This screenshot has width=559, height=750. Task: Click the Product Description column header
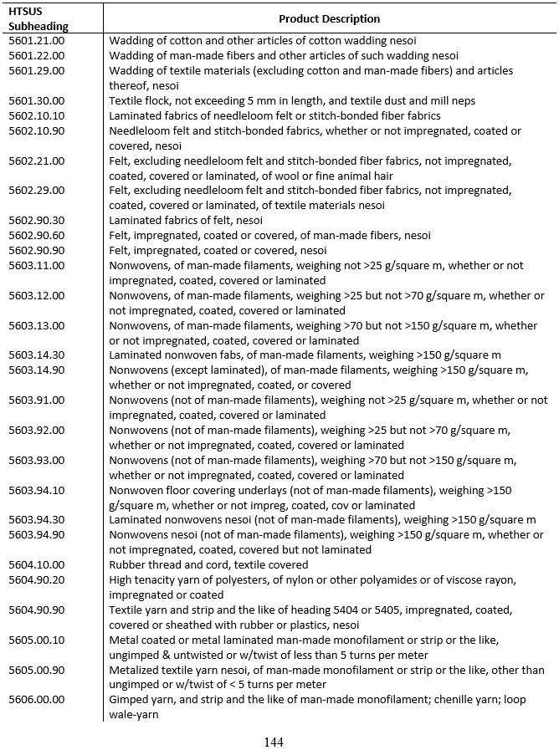coord(329,18)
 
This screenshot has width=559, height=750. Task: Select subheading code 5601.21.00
coord(36,40)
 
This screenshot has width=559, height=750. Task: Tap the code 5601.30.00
coord(36,100)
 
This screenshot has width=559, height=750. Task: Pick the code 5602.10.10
coord(36,115)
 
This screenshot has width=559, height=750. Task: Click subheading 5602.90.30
coord(36,220)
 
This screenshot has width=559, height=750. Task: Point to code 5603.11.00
coord(36,265)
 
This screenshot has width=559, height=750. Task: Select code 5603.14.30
coord(36,355)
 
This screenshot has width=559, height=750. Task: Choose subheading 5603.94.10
coord(36,490)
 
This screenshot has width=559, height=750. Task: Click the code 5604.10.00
coord(36,564)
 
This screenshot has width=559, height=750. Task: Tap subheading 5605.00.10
coord(36,640)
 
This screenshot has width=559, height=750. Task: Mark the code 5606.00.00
coord(36,699)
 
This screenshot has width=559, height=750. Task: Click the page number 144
coord(274,742)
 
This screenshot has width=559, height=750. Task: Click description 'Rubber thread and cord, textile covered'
coord(208,564)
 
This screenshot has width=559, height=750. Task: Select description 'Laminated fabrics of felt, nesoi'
coord(186,220)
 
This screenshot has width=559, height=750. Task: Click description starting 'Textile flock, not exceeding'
coord(292,100)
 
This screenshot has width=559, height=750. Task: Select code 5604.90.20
coord(36,579)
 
